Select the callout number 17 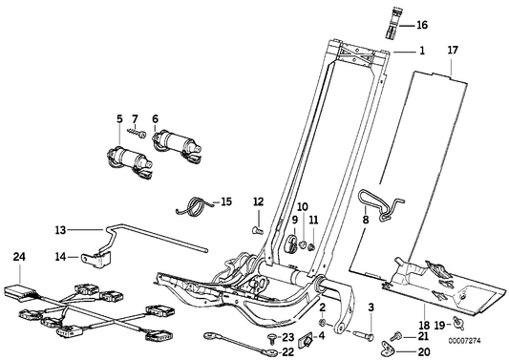454,48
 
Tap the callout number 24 19,256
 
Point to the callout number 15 225,202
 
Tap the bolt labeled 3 361,334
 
